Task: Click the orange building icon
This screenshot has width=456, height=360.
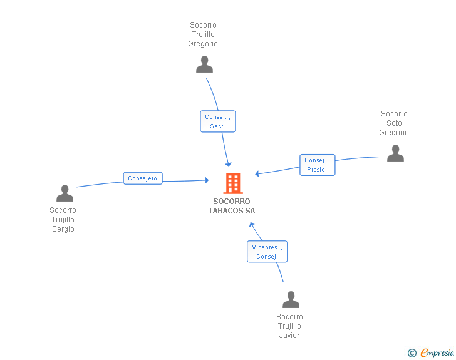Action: point(232,183)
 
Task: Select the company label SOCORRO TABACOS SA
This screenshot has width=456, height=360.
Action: point(232,206)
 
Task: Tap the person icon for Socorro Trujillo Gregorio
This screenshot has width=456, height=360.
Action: point(204,64)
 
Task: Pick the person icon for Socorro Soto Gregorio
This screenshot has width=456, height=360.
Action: point(395,153)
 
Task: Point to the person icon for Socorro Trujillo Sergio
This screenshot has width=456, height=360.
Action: point(65,193)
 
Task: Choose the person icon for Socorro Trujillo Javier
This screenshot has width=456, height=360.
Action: point(291,300)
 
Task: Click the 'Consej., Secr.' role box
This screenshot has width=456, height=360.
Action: point(217,121)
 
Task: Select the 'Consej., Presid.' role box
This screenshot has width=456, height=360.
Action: point(317,165)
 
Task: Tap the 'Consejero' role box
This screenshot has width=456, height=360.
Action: point(143,178)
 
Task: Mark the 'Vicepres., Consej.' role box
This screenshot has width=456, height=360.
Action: point(267,252)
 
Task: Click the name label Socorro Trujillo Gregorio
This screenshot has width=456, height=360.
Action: point(203,34)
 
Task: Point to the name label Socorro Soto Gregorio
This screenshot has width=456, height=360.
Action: point(394,123)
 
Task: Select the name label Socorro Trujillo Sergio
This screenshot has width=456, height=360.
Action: point(63,220)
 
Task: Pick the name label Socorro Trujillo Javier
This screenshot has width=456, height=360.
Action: point(289,326)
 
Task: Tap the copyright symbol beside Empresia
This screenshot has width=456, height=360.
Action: point(412,353)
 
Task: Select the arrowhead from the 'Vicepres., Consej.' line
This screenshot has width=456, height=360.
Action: point(252,224)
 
